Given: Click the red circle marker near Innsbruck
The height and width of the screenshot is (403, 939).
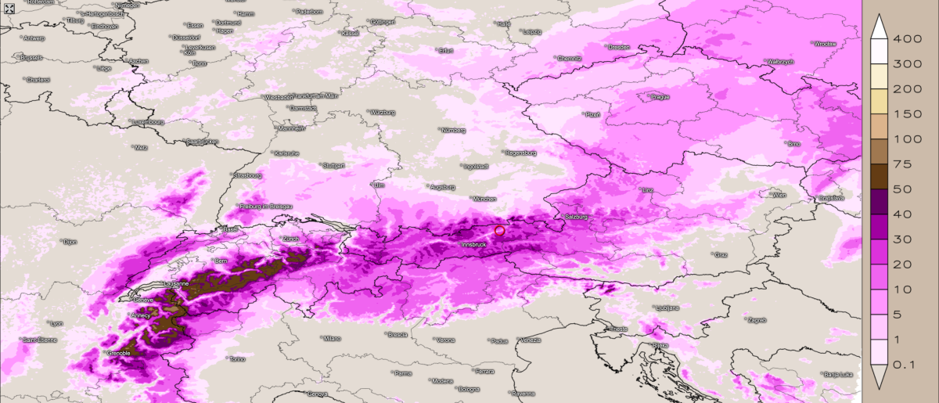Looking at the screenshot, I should click(x=500, y=230).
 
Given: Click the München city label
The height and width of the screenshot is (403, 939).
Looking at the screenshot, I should click(x=485, y=199).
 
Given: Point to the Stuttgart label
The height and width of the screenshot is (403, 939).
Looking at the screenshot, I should click(x=333, y=166).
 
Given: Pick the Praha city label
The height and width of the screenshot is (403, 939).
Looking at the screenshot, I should click(x=660, y=97).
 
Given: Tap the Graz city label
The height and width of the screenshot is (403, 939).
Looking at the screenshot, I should click(x=721, y=255).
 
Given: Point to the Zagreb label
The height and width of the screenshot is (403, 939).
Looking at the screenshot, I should click(x=757, y=320).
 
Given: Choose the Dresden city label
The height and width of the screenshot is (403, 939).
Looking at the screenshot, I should click(x=618, y=47).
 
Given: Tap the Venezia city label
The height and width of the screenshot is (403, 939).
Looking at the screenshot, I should click(x=530, y=340).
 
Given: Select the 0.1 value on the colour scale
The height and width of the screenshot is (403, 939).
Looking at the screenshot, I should click(x=908, y=365).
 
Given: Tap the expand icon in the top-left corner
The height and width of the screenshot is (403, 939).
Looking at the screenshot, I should click(x=9, y=8).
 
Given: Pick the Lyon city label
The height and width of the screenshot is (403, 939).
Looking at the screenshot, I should click(x=56, y=323).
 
